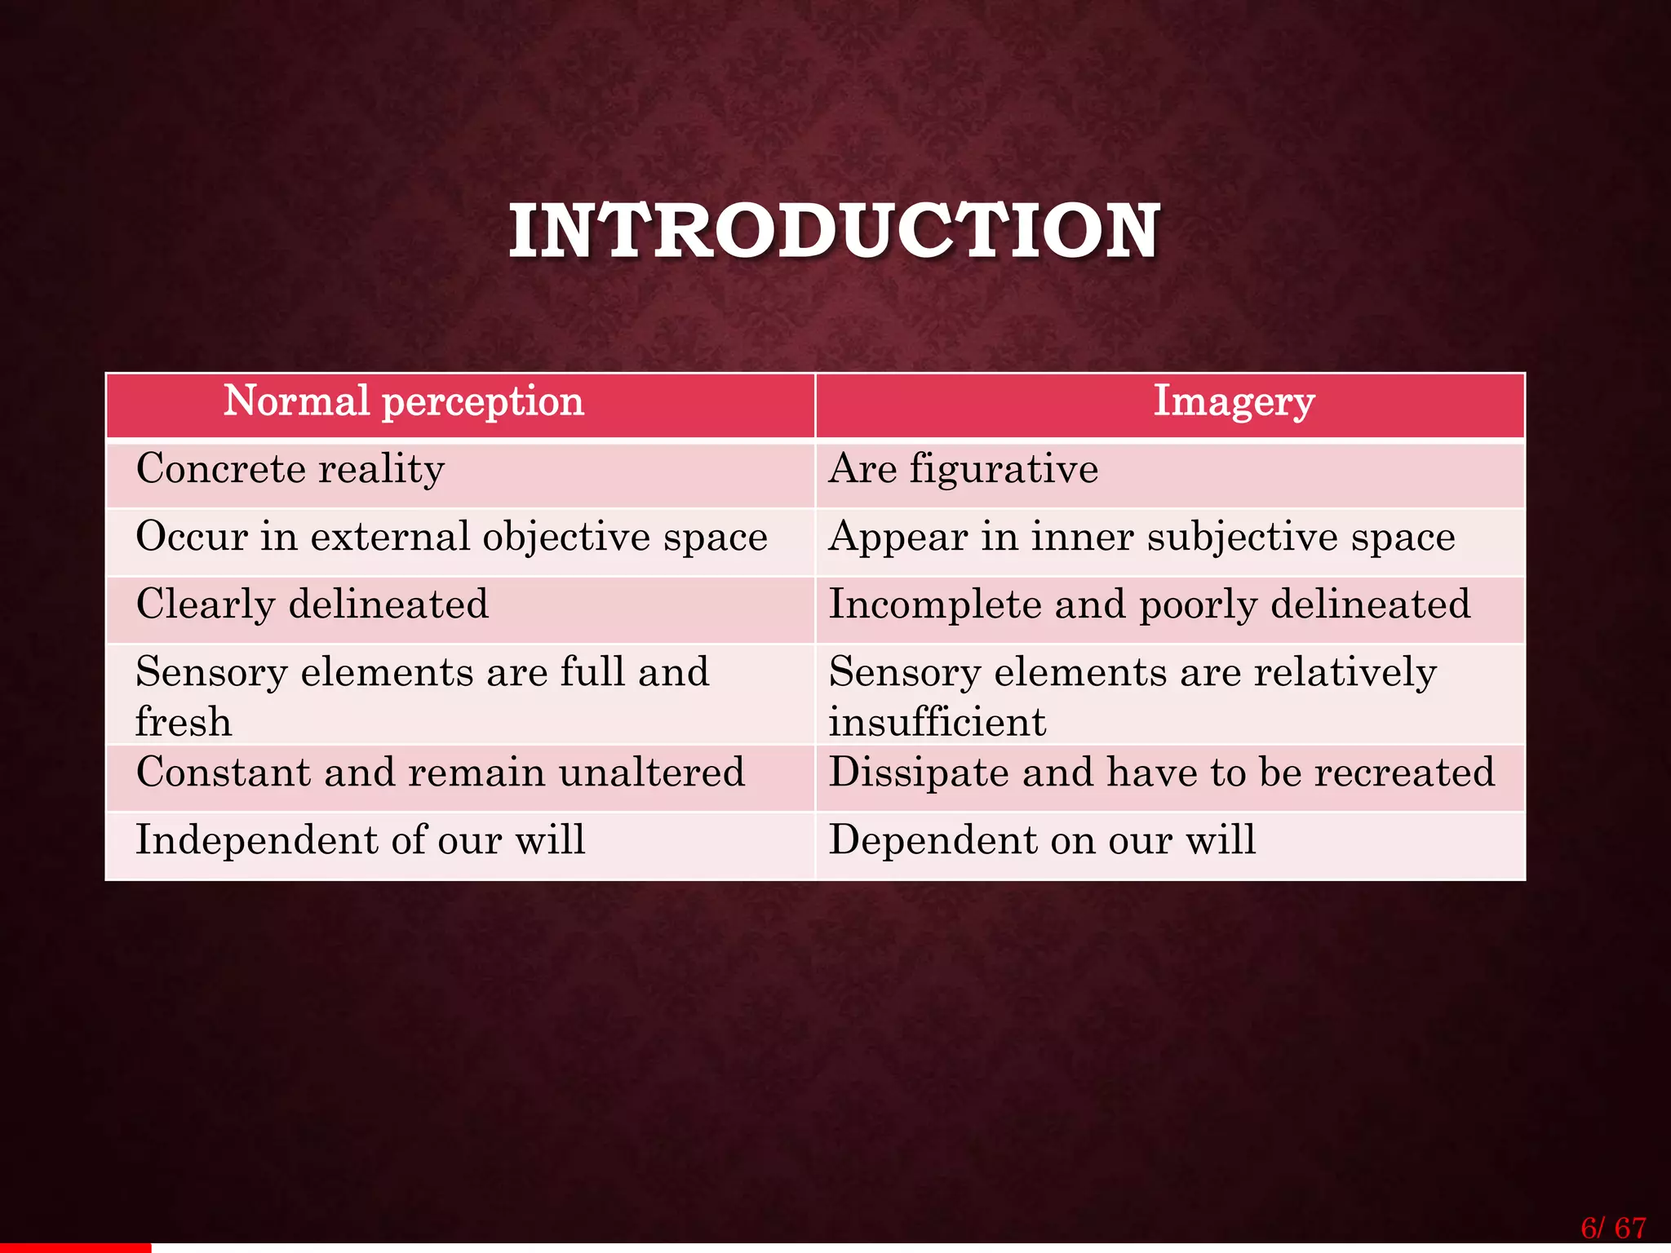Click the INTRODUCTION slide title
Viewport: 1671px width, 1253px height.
(834, 232)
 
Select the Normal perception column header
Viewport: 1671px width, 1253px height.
(404, 401)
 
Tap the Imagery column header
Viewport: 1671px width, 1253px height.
(1234, 401)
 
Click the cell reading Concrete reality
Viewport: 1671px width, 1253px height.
(290, 470)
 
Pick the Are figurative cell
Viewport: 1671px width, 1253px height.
(964, 470)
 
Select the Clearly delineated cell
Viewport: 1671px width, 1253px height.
(312, 605)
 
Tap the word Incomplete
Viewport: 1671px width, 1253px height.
(933, 605)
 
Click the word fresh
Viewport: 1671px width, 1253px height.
(184, 722)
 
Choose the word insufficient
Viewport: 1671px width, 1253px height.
(937, 722)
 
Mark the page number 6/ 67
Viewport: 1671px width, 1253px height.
(1613, 1228)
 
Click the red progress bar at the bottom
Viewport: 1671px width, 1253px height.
(75, 1248)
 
